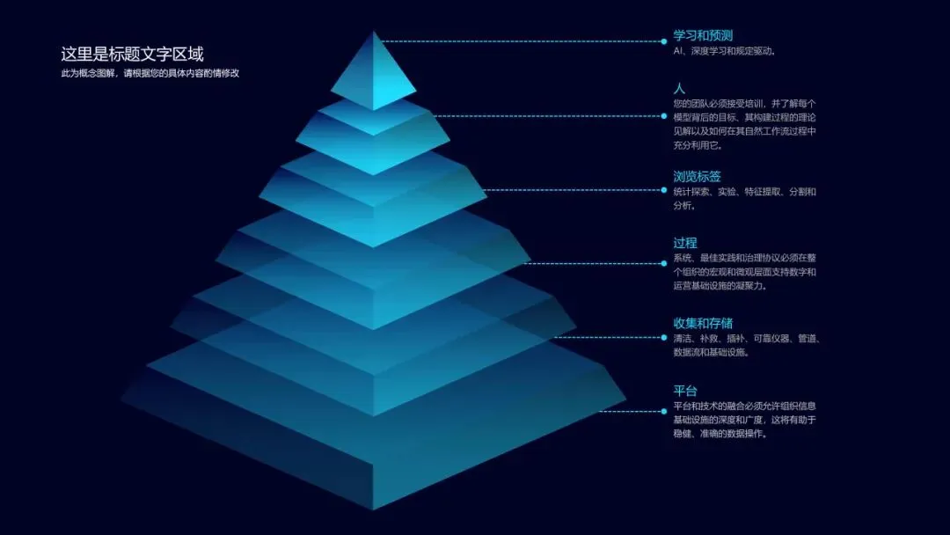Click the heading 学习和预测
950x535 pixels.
pyautogui.click(x=703, y=36)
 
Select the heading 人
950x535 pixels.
pyautogui.click(x=679, y=89)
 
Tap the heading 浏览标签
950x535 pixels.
pyautogui.click(x=698, y=176)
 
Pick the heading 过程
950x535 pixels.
pyautogui.click(x=685, y=243)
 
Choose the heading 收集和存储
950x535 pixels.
pyautogui.click(x=703, y=323)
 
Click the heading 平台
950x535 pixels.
pyautogui.click(x=685, y=391)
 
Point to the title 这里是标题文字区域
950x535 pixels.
pyautogui.click(x=132, y=54)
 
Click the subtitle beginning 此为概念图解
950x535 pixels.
pyautogui.click(x=150, y=73)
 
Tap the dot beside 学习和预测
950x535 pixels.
pyautogui.click(x=664, y=41)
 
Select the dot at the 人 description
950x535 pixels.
pyautogui.click(x=664, y=115)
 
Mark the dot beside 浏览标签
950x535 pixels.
pyautogui.click(x=664, y=189)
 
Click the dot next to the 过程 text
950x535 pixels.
pyautogui.click(x=664, y=263)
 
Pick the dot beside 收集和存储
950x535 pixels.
pyautogui.click(x=664, y=337)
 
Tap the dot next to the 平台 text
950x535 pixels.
pyautogui.click(x=664, y=411)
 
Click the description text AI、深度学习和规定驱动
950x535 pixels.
pyautogui.click(x=724, y=51)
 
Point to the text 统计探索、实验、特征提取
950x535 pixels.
pyautogui.click(x=744, y=191)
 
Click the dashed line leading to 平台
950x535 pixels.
pyautogui.click(x=642, y=411)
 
